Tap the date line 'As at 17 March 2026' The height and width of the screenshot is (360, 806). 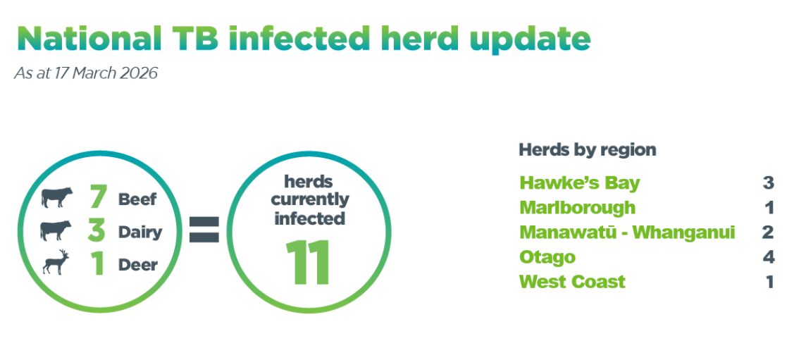[x=85, y=73]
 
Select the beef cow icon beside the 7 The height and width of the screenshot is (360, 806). [x=57, y=197]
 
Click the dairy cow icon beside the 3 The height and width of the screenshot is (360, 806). [x=57, y=230]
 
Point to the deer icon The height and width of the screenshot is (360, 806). [x=56, y=263]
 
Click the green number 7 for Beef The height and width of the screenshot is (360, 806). [x=98, y=198]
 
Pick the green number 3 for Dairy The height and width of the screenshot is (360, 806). [x=97, y=231]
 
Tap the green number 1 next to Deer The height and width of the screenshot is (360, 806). [x=97, y=264]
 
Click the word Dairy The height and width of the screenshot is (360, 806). [x=140, y=232]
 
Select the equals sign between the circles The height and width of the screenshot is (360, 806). [x=204, y=230]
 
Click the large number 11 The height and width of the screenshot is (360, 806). [x=309, y=263]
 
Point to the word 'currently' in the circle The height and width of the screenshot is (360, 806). [x=309, y=200]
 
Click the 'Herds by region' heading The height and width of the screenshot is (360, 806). [x=587, y=150]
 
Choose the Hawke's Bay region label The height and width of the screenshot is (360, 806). [x=579, y=183]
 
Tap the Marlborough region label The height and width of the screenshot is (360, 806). [x=577, y=208]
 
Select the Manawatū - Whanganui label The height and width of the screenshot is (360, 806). [x=627, y=232]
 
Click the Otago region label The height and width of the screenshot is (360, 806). [x=547, y=257]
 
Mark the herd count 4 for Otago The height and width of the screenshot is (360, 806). [x=768, y=257]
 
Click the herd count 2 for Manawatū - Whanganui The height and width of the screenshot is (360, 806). [x=768, y=232]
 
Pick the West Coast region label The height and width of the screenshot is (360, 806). [x=572, y=282]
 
